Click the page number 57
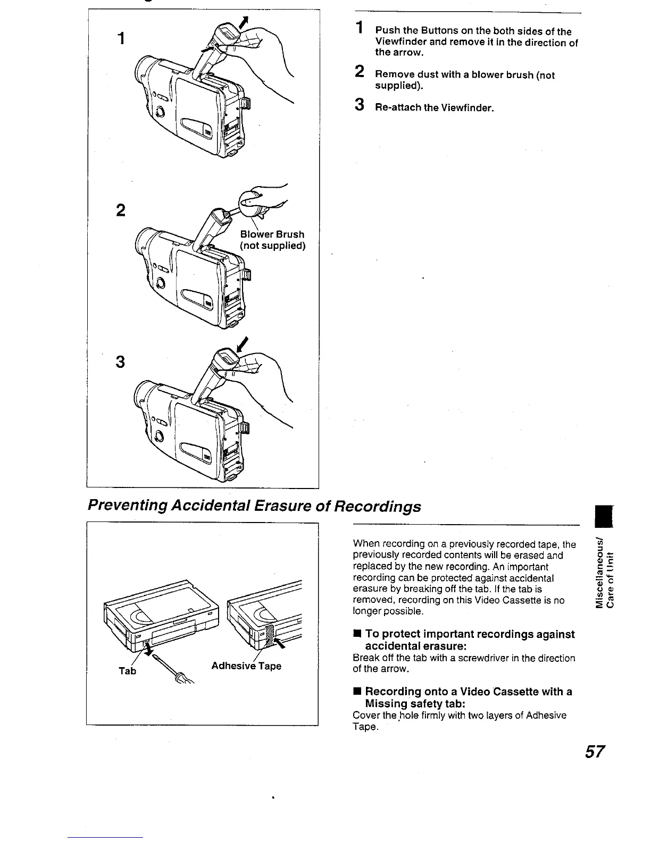point(595,752)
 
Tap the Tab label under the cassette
point(128,671)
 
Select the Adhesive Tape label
point(246,666)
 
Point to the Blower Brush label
point(272,234)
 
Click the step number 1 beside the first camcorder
point(122,38)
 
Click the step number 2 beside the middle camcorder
point(120,210)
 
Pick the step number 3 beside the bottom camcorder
point(120,361)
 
